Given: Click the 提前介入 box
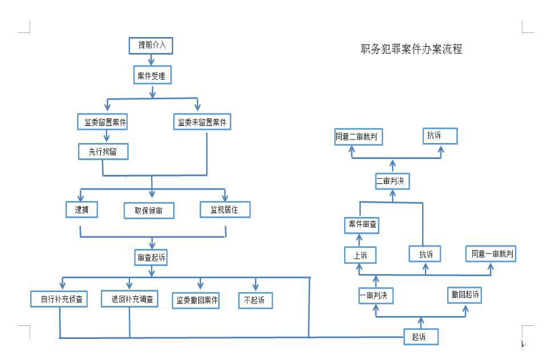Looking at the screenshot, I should tap(151, 46).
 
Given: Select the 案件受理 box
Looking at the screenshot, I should tap(152, 75).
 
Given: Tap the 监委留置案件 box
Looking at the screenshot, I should tap(102, 122).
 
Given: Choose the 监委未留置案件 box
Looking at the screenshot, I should tap(202, 122).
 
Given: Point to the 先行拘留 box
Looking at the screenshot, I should tap(103, 152).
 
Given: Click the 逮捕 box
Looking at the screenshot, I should tap(82, 210).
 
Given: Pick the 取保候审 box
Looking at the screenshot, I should tap(149, 210).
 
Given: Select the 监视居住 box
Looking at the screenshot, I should tap(226, 209).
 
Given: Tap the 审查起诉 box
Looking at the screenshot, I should tap(152, 257).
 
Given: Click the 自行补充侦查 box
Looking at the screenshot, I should tap(59, 299).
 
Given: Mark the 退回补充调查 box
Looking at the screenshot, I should tap(129, 298).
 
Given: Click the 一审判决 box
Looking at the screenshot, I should tap(376, 296).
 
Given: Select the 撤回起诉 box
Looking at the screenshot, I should tap(465, 294).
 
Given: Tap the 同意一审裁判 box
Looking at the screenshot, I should tap(490, 254).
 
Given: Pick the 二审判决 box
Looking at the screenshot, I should tap(393, 181).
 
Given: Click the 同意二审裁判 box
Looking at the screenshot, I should tap(358, 137).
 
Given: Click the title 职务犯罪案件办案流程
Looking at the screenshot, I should tap(411, 49).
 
